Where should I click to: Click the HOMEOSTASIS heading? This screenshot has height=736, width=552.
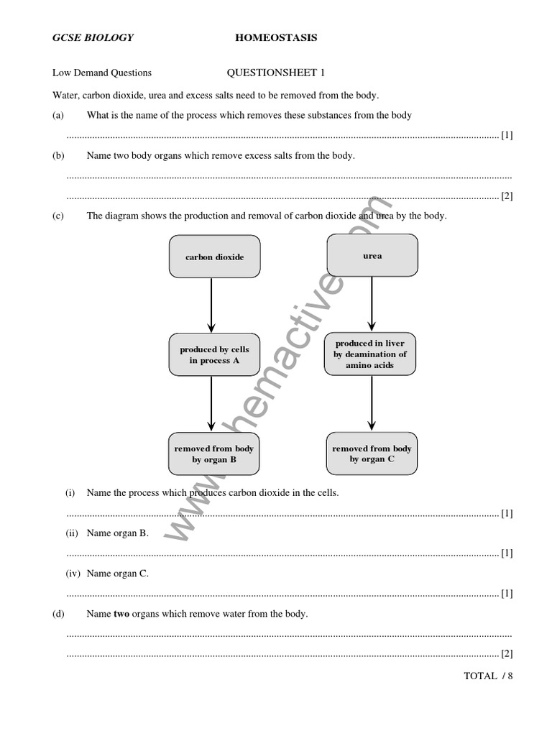pos(276,37)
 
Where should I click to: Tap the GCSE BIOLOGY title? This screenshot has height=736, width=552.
pos(93,37)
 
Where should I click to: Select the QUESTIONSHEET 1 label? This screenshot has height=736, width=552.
pos(276,73)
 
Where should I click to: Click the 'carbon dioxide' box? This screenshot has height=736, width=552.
pos(214,257)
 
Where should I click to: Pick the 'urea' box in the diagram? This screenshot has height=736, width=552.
pos(372,255)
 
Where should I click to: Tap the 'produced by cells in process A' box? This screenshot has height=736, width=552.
pos(214,354)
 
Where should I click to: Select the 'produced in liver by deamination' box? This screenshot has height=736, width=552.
pos(370,354)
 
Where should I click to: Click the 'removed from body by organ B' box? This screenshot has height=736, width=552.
pos(213,454)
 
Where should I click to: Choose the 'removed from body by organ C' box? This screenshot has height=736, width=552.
pos(372,454)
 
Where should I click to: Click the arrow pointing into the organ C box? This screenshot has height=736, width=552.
pos(372,402)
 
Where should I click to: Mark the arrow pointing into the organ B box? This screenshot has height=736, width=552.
pos(211,403)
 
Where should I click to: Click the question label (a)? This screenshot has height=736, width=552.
pos(58,115)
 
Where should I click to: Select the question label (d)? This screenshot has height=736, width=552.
pos(58,614)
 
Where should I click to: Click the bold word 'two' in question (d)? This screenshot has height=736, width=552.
pos(122,614)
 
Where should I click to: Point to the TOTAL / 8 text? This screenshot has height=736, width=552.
pos(489,676)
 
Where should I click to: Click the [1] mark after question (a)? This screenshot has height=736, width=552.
pos(507,135)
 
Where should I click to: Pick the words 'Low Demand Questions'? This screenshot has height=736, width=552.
pos(102,73)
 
